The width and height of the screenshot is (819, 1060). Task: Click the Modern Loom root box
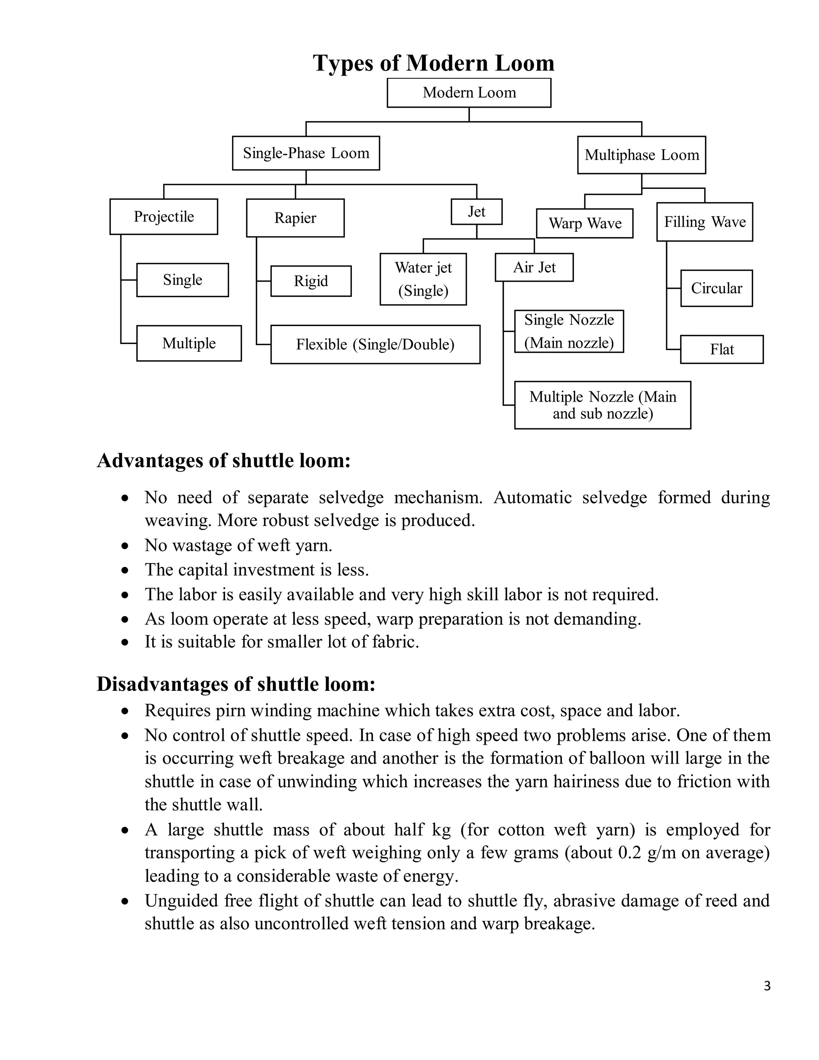pos(469,93)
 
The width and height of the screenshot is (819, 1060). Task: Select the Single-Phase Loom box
pos(306,153)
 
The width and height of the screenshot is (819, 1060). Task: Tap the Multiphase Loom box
pos(641,155)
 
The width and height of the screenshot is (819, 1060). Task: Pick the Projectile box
pos(164,216)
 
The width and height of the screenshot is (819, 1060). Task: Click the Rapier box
pos(295,218)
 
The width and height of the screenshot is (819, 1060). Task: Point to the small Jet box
pos(476,212)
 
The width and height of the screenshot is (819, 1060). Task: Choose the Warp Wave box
pos(585,223)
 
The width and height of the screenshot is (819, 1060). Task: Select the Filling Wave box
pos(705,222)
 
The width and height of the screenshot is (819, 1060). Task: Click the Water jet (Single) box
pos(423,279)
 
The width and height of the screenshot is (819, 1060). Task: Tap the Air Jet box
pos(534,268)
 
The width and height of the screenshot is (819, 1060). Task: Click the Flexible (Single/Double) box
pos(375,344)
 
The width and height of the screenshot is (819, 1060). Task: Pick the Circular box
pos(716,288)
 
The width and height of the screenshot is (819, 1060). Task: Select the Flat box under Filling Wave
pos(721,350)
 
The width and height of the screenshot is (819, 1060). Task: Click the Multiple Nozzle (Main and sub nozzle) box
pos(602,405)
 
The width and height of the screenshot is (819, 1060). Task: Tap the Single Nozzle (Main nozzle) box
pos(569,332)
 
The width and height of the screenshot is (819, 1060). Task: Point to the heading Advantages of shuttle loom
pos(223,460)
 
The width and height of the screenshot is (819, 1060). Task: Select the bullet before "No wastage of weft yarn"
pos(125,546)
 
